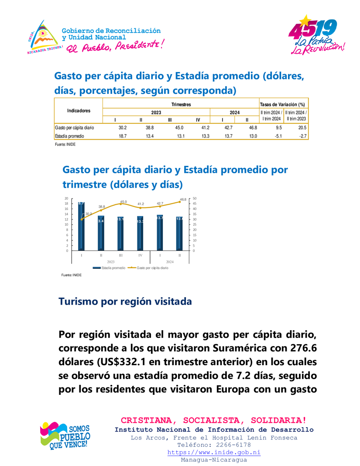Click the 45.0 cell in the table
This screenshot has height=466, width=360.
pyautogui.click(x=179, y=127)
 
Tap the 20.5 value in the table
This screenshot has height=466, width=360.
pyautogui.click(x=302, y=127)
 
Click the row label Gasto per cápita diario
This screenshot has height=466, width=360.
pyautogui.click(x=75, y=127)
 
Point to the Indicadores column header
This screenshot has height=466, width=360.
pyautogui.click(x=79, y=110)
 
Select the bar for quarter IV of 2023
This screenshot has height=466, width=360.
pyautogui.click(x=140, y=233)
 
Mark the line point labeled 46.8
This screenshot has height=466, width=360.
pyautogui.click(x=179, y=202)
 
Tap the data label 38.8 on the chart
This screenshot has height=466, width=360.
pyautogui.click(x=102, y=206)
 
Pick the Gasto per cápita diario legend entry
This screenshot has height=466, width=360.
pyautogui.click(x=150, y=267)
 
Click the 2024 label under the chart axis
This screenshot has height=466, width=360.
pyautogui.click(x=170, y=261)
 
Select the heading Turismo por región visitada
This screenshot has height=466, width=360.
pyautogui.click(x=125, y=302)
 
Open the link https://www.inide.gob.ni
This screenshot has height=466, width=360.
pyautogui.click(x=214, y=452)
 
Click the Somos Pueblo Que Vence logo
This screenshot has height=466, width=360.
pyautogui.click(x=65, y=435)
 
